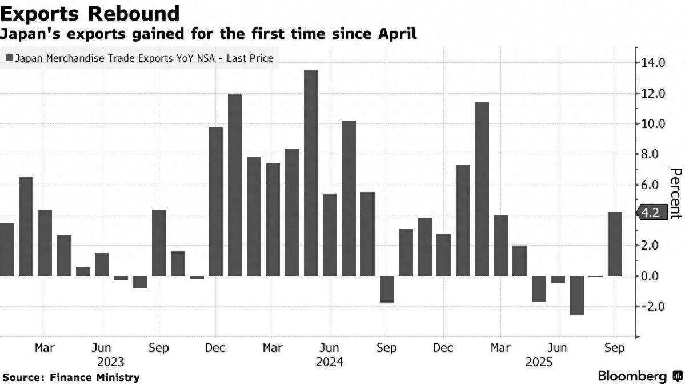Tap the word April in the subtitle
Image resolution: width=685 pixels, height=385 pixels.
[394, 34]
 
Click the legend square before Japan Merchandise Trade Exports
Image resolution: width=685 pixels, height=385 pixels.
[9, 58]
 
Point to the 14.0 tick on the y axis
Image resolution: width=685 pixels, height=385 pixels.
[654, 63]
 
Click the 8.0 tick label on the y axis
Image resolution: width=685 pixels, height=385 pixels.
[654, 154]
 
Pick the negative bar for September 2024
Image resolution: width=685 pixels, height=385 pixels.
[387, 289]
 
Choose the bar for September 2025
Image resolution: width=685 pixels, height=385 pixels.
[615, 244]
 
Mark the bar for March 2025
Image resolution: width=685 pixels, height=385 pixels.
[500, 246]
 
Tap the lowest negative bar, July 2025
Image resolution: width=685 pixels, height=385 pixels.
[576, 295]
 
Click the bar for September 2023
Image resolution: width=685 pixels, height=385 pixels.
[159, 243]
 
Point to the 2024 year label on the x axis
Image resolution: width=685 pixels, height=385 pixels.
[330, 362]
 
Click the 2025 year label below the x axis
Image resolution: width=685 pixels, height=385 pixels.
[538, 362]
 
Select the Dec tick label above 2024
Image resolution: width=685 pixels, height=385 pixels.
[215, 347]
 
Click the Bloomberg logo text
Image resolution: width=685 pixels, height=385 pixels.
[632, 376]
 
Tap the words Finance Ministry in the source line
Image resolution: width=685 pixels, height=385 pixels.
[95, 377]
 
